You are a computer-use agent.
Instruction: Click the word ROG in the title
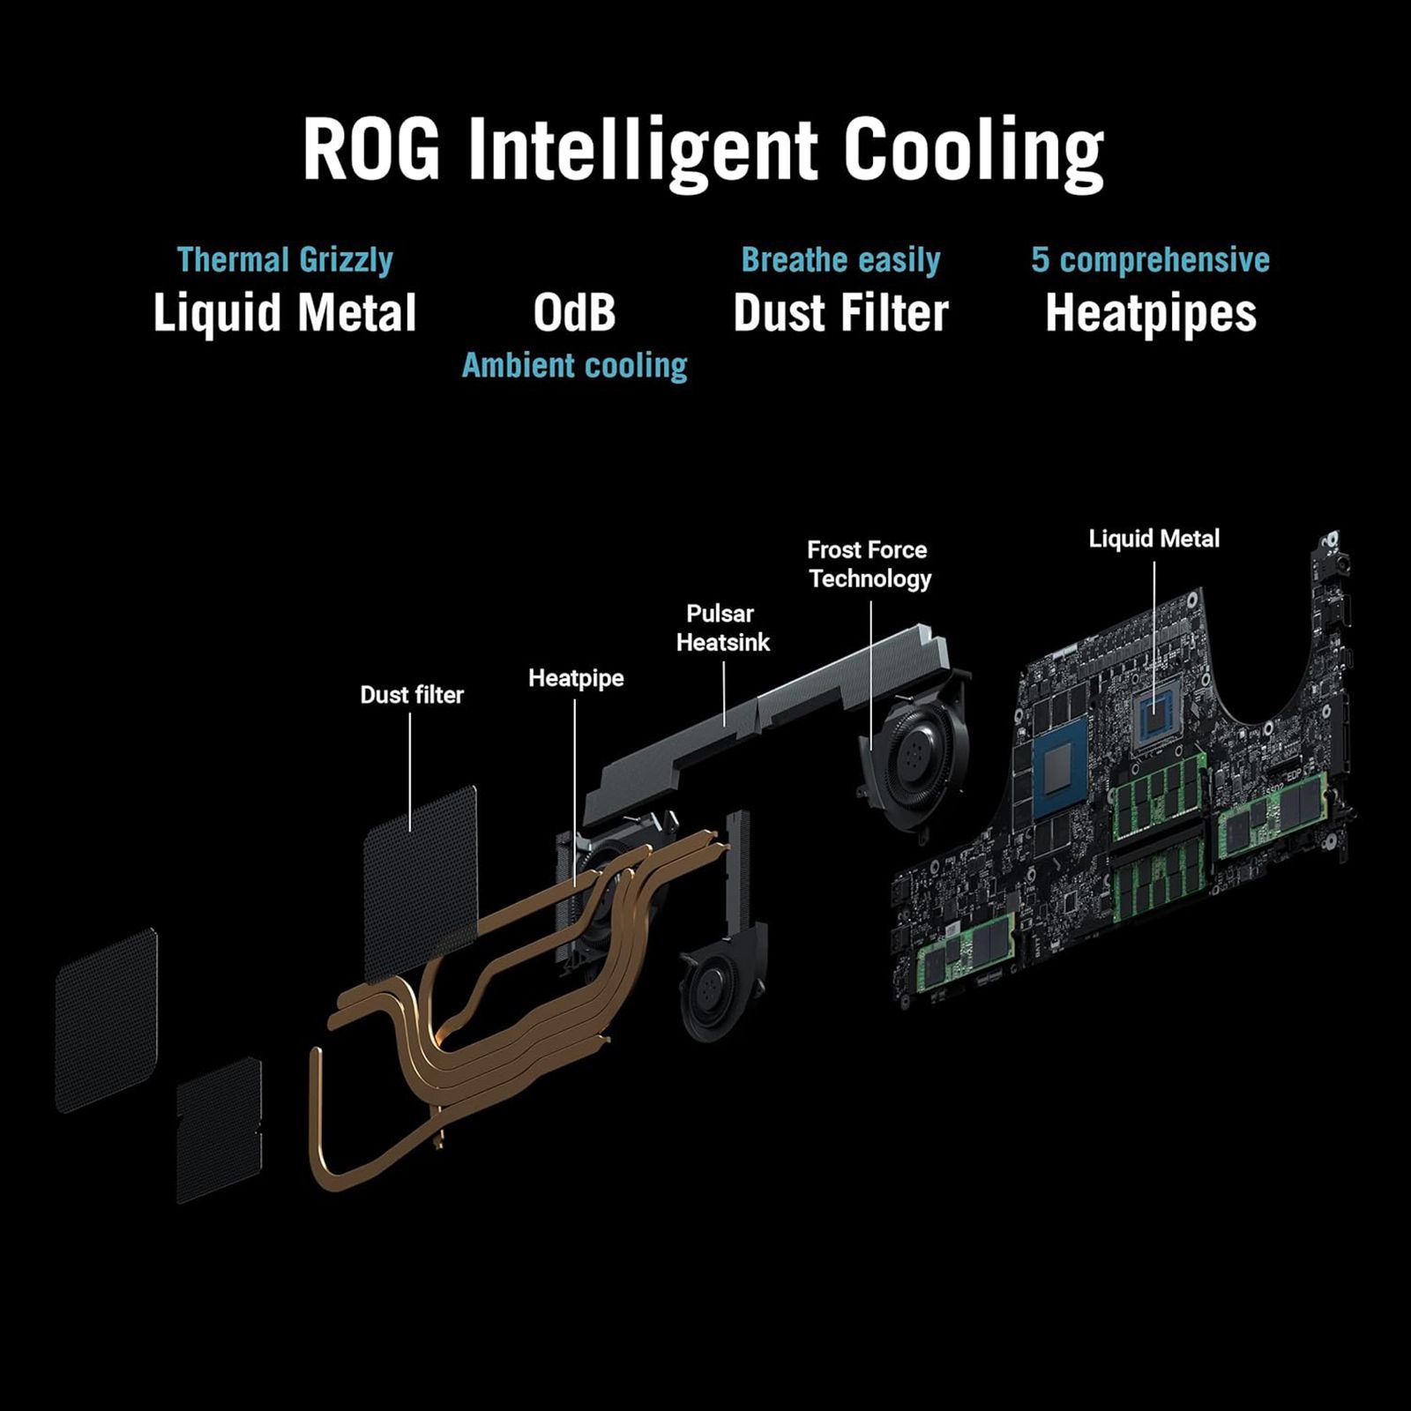click(370, 150)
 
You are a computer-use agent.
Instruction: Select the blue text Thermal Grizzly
click(285, 260)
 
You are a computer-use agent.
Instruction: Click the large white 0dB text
click(574, 313)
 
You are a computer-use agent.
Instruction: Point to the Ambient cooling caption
click(574, 366)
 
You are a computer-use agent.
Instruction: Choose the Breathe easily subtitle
click(840, 260)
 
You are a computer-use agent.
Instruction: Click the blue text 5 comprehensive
click(1150, 260)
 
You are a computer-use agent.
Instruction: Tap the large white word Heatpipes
click(1150, 313)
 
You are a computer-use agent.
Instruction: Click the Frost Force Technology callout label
click(869, 564)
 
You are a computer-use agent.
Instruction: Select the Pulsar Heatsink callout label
click(722, 628)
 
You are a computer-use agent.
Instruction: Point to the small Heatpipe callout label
click(576, 678)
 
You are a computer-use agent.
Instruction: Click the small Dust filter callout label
click(412, 695)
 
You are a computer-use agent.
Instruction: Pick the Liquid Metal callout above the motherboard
click(1153, 539)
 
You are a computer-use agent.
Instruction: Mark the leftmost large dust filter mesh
click(106, 1019)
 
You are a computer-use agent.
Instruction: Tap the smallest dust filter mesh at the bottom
click(219, 1129)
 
